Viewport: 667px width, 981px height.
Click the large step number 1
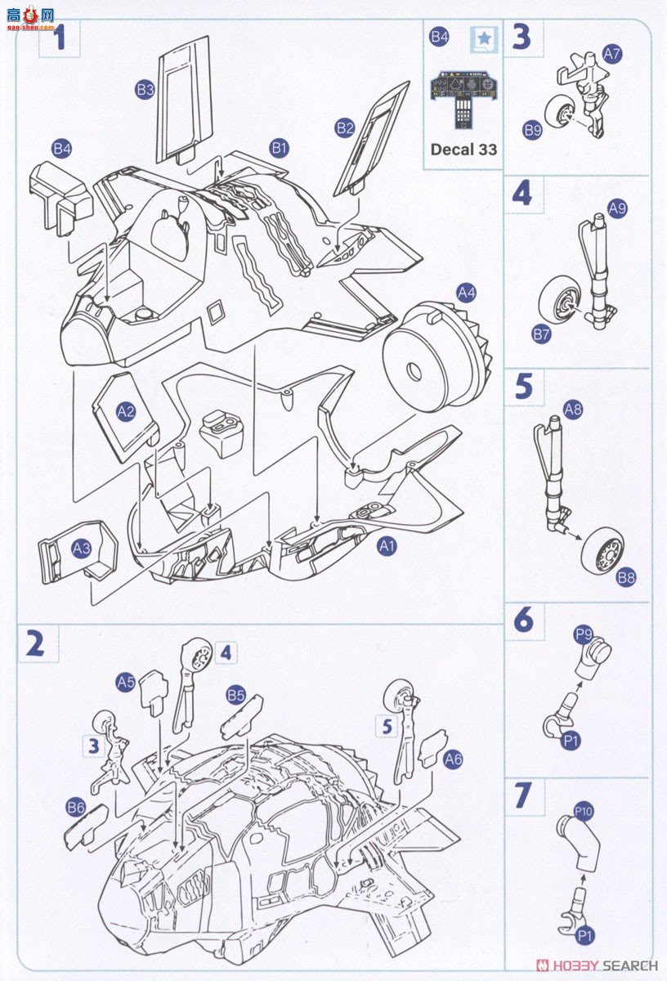59,38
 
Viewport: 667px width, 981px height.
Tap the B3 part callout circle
145,91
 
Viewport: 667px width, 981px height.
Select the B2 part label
345,128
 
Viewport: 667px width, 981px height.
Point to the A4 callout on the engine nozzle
467,292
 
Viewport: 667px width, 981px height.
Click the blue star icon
485,38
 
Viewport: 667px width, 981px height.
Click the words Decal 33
463,150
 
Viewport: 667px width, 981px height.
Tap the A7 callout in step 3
612,54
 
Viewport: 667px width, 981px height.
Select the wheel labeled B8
602,552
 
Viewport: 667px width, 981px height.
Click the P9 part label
583,634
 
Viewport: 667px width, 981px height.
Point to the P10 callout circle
583,811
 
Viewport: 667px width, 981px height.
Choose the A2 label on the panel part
125,411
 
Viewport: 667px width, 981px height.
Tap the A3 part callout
81,549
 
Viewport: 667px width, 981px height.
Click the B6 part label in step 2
76,808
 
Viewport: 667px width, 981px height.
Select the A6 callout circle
453,759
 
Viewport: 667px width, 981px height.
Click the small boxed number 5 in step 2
387,725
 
